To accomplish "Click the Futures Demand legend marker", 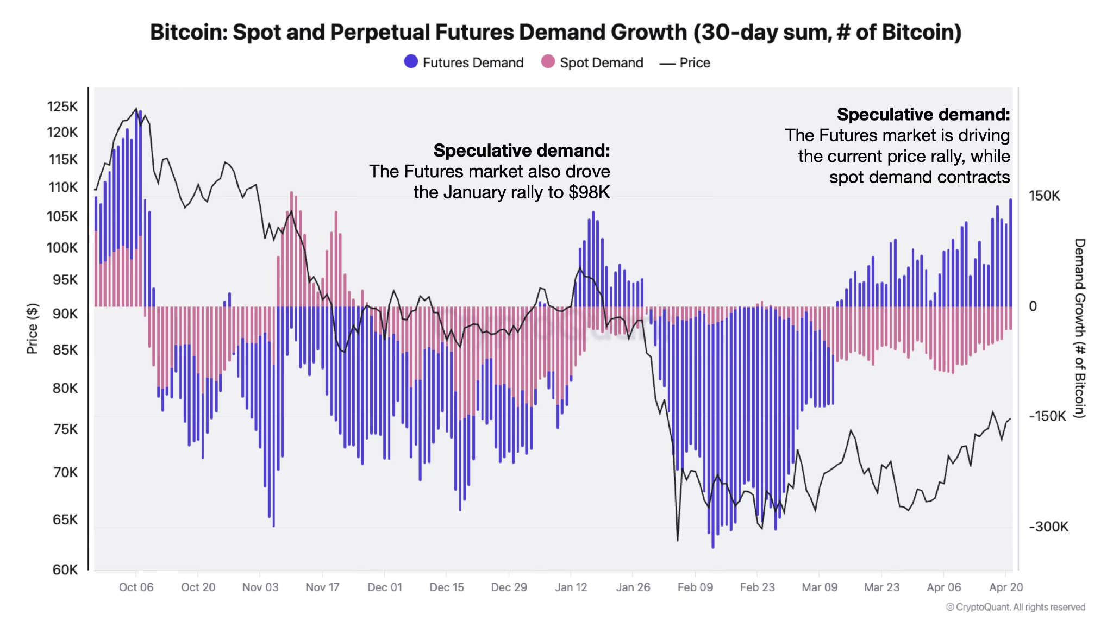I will coord(411,62).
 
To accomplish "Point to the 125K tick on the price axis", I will coord(62,107).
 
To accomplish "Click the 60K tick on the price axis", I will coord(65,569).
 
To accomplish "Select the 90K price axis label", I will coord(65,314).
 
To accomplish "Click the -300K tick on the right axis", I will coord(1048,527).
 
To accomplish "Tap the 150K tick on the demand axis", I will coord(1044,196).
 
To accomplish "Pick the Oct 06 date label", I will coord(136,587).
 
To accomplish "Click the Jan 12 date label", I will coord(571,587).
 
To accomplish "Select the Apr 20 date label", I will coord(1005,587).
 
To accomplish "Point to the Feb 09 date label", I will coord(695,587).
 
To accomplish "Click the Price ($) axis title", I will coord(33,329).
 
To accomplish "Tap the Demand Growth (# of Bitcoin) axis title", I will coord(1079,328).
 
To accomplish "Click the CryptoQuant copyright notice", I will coord(1015,608).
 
